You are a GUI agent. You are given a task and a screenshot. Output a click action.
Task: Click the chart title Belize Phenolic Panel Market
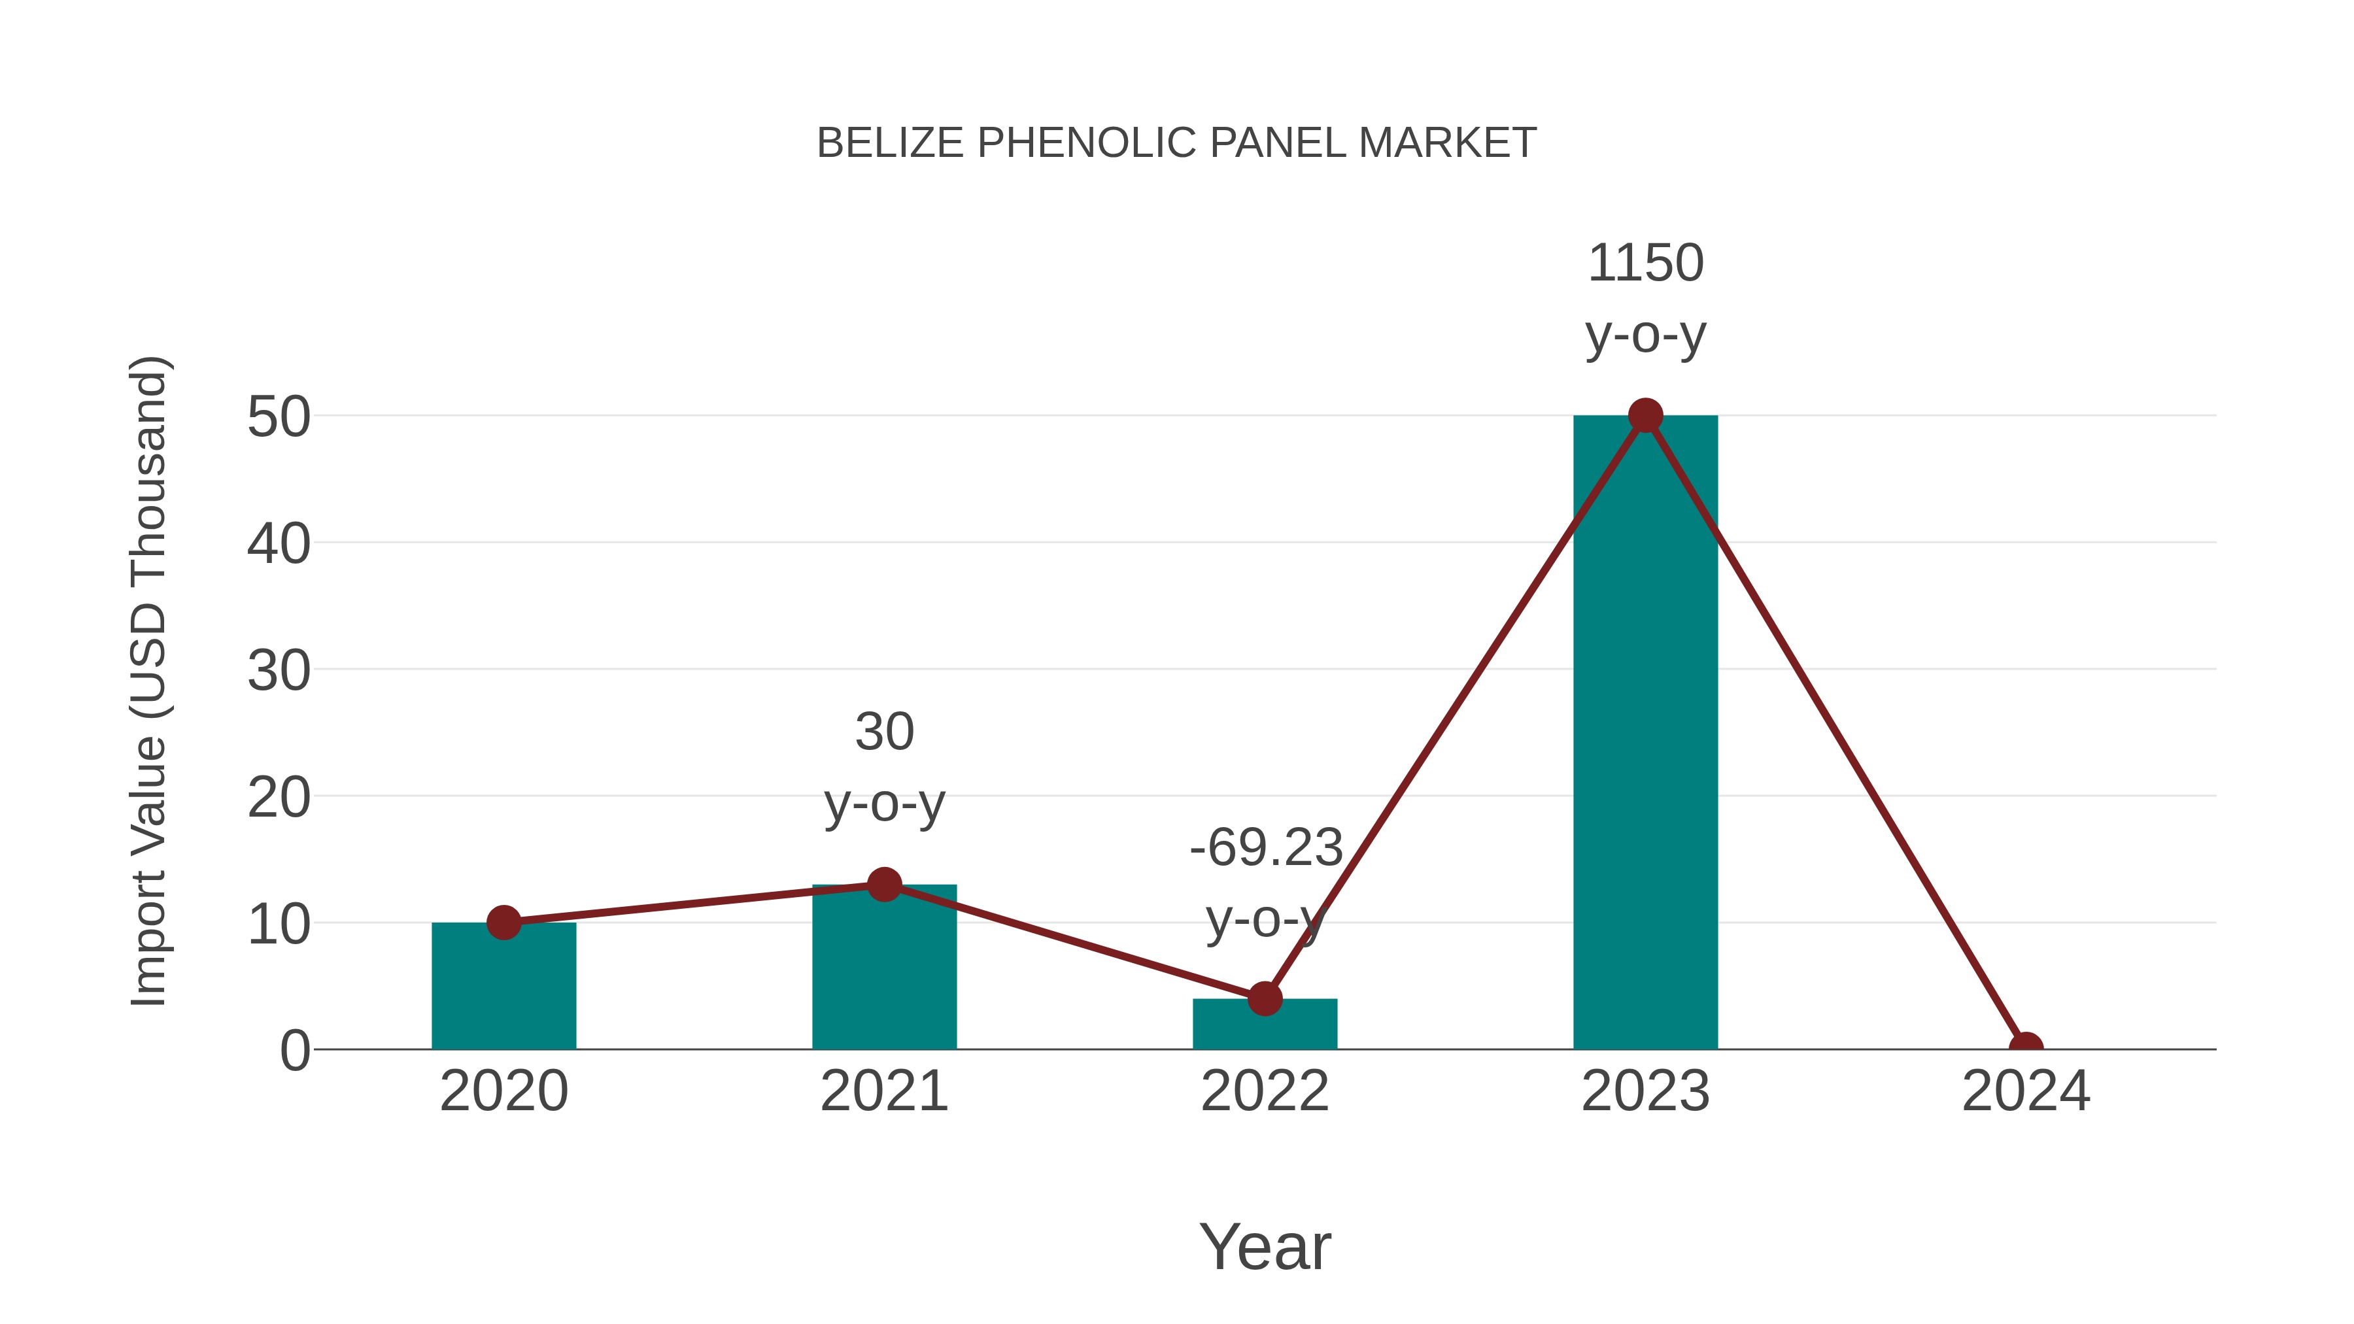pos(1176,143)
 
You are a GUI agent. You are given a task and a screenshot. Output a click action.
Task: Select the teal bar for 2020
pos(503,991)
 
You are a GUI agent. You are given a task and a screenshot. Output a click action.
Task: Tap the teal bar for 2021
pos(883,973)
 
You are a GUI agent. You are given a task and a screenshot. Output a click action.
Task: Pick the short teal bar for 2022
pos(1265,1028)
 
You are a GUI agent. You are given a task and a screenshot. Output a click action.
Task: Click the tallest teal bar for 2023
pos(1645,731)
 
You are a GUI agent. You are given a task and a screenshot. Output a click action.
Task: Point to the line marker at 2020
pos(503,922)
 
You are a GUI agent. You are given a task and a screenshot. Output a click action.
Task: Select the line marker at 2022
pos(1265,998)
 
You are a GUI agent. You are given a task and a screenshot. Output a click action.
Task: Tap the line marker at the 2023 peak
pos(1645,416)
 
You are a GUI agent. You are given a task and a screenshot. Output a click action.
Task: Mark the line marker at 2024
pos(2025,1047)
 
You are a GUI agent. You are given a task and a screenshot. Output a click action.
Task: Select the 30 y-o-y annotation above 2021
pos(883,767)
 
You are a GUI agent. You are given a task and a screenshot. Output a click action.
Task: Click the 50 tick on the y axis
pos(279,418)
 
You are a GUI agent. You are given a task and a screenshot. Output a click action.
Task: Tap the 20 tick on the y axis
pos(279,798)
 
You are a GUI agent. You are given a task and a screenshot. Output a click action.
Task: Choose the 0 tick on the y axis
pos(295,1051)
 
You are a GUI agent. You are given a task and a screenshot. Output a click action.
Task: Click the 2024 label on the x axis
pos(2025,1091)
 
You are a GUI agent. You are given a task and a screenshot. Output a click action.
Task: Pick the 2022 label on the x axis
pos(1265,1091)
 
